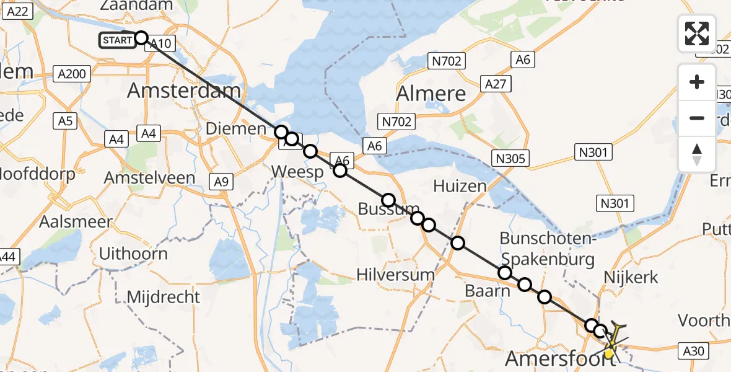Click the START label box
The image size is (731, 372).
[x=116, y=41]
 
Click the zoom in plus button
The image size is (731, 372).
[x=697, y=82]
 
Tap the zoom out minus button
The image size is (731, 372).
[x=697, y=118]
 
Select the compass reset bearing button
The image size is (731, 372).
[x=697, y=154]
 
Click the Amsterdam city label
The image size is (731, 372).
[x=184, y=91]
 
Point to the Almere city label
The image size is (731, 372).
[x=431, y=94]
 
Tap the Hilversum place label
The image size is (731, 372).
[x=396, y=274]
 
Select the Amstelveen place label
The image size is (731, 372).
[x=149, y=177]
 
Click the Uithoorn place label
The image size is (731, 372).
[x=133, y=254]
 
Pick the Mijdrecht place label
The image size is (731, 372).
[x=164, y=297]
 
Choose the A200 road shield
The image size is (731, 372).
[x=72, y=74]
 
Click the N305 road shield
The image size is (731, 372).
[x=511, y=158]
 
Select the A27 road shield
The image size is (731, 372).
[x=496, y=84]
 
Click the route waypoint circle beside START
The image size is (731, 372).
[x=141, y=38]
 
